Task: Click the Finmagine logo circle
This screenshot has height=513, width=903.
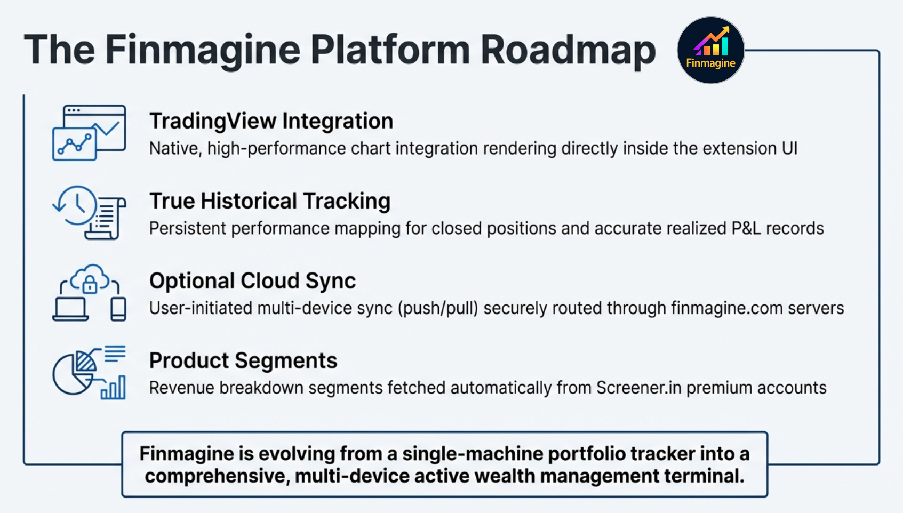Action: click(x=710, y=50)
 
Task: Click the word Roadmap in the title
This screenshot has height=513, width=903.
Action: click(x=569, y=50)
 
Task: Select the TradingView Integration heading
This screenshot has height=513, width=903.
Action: click(x=271, y=121)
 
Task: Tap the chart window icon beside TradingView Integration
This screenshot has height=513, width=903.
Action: click(x=89, y=133)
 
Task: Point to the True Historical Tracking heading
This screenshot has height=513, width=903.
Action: click(x=270, y=201)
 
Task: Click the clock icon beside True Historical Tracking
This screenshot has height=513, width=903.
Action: click(x=76, y=205)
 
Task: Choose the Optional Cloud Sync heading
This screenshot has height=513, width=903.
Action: click(x=253, y=280)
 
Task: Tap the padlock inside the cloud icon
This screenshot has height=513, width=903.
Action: click(x=90, y=285)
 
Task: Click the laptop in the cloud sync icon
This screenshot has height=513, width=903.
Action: click(x=70, y=309)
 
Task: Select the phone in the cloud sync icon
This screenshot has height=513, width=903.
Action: click(x=118, y=309)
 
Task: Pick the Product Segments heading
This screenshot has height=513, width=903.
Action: click(x=243, y=360)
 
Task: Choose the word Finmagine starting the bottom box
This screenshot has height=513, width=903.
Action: click(x=187, y=454)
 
